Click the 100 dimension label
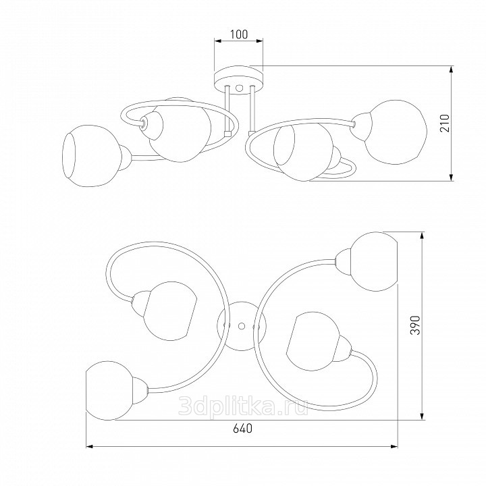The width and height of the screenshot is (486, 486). click(239, 34)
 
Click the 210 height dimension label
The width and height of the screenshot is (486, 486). click(445, 123)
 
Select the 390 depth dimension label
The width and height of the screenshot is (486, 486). click(415, 325)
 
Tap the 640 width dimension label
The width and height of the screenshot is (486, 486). click(243, 429)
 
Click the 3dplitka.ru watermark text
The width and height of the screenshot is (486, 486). click(243, 406)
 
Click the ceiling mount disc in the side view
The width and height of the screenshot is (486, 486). click(239, 80)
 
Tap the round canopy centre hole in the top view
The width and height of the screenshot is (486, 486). click(242, 325)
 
